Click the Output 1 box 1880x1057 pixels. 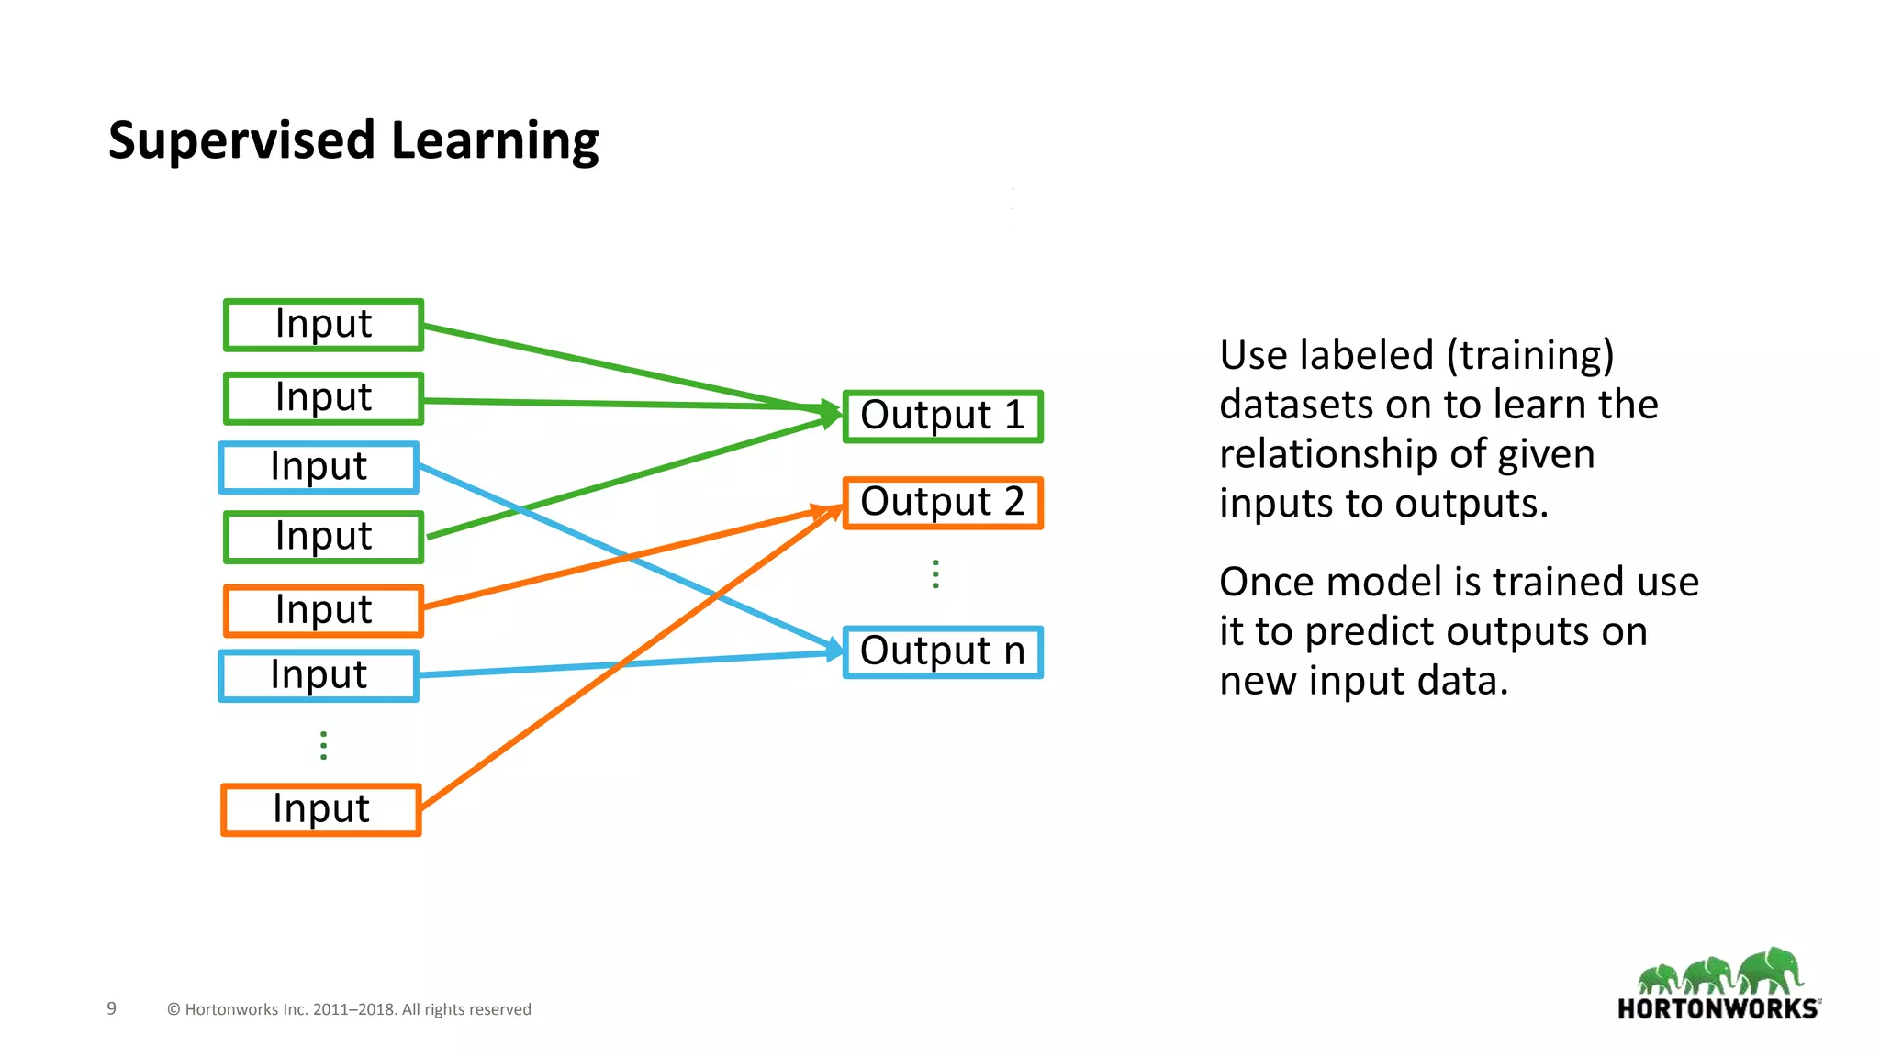pyautogui.click(x=943, y=417)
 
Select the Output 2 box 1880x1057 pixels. pyautogui.click(x=943, y=503)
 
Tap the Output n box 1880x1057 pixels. pyautogui.click(x=943, y=651)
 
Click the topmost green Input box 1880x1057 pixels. pyautogui.click(x=323, y=325)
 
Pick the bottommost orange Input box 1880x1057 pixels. pyautogui.click(x=321, y=809)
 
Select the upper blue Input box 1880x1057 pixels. pyautogui.click(x=319, y=467)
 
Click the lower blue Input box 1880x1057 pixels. pyautogui.click(x=319, y=675)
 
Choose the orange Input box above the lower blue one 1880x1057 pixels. pyautogui.click(x=323, y=610)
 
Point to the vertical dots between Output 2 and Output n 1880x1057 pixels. pyautogui.click(x=935, y=574)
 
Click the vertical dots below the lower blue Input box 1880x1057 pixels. pyautogui.click(x=323, y=745)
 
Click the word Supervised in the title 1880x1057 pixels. pyautogui.click(x=241, y=141)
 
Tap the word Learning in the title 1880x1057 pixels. pyautogui.click(x=495, y=141)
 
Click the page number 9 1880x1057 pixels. pyautogui.click(x=112, y=1008)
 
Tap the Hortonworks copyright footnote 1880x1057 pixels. pyautogui.click(x=349, y=1009)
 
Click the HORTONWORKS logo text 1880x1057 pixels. pyautogui.click(x=1718, y=1009)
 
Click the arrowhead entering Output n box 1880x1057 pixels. pyautogui.click(x=834, y=651)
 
